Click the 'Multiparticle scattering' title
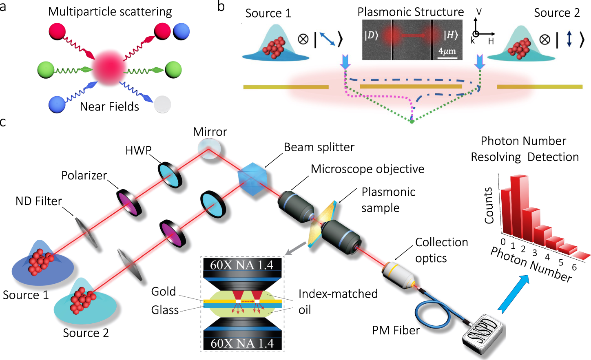[110, 11]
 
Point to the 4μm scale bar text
[447, 51]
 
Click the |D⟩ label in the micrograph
[371, 35]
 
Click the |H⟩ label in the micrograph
[451, 35]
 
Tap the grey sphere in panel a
[163, 104]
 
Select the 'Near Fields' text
[109, 106]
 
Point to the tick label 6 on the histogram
[574, 267]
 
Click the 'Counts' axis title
[488, 205]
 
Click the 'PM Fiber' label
[396, 330]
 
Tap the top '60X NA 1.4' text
[241, 265]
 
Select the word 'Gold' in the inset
[164, 292]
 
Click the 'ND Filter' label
[39, 201]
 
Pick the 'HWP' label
[138, 150]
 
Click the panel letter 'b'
[221, 6]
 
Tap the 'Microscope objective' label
[367, 169]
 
